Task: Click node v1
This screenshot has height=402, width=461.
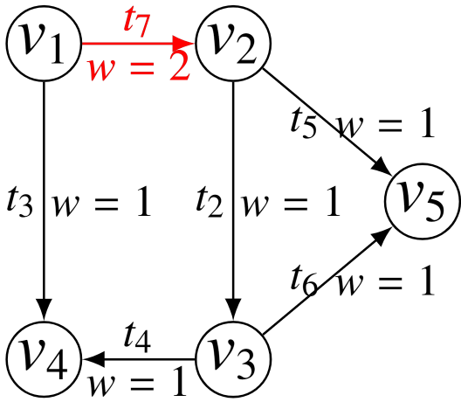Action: pyautogui.click(x=44, y=42)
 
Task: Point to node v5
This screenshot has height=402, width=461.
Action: pyautogui.click(x=423, y=201)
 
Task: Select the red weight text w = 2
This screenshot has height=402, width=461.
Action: pyautogui.click(x=138, y=66)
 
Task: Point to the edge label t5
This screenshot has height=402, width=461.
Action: pyautogui.click(x=306, y=122)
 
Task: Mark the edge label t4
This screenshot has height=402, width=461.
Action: pyautogui.click(x=140, y=336)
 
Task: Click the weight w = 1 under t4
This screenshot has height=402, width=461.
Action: pyautogui.click(x=138, y=382)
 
